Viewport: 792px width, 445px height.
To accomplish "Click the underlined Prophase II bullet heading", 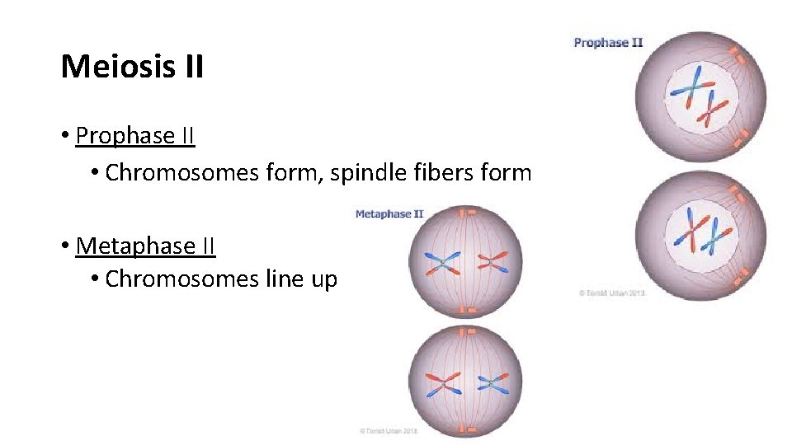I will [135, 136].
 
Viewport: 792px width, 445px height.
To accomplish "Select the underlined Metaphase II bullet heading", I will [145, 246].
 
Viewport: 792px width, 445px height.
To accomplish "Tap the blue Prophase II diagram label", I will [608, 43].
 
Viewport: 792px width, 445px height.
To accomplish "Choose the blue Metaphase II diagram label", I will [389, 214].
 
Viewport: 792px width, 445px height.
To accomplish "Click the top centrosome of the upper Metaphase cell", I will [468, 213].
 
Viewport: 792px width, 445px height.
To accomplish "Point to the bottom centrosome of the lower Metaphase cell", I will [468, 429].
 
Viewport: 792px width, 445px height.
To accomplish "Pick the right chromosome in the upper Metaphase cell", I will [493, 263].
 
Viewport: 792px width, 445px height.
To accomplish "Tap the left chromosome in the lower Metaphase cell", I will [442, 381].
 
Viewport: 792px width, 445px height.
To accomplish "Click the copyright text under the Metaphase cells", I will [389, 430].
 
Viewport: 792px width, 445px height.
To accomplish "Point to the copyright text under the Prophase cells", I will [611, 293].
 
